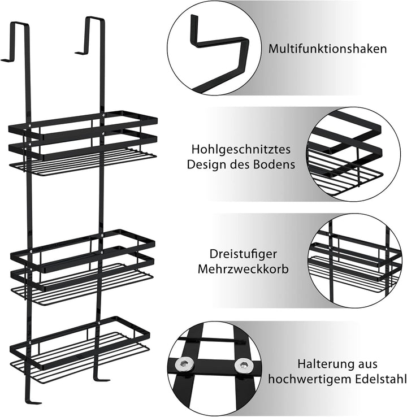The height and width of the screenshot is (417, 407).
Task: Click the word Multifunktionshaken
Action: (327, 49)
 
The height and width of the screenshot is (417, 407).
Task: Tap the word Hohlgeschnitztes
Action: (241, 150)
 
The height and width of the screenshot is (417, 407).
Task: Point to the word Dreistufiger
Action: (243, 254)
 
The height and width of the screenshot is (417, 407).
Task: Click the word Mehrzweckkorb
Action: (243, 269)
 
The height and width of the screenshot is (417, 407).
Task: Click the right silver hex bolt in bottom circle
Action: (243, 365)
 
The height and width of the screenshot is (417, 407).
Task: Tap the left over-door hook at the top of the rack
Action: (16, 41)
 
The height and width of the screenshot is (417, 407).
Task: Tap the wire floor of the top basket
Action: (83, 162)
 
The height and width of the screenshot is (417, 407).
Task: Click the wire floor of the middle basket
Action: (83, 285)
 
